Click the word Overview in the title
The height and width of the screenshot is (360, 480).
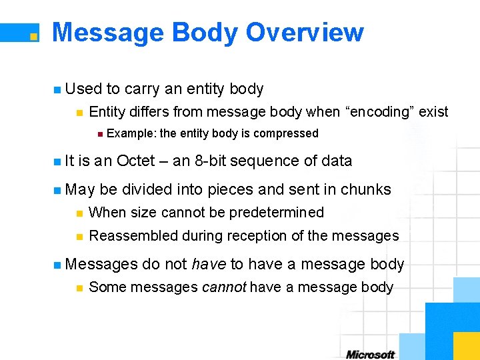click(305, 33)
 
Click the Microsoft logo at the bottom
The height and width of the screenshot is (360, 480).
click(371, 354)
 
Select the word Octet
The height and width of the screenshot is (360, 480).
click(137, 161)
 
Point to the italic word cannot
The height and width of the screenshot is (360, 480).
click(225, 287)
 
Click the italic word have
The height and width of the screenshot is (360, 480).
click(209, 264)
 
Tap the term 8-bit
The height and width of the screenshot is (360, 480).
click(210, 161)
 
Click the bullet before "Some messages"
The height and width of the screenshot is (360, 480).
click(79, 288)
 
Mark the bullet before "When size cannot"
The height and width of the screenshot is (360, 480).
click(79, 213)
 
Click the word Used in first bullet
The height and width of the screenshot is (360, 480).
click(84, 89)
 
